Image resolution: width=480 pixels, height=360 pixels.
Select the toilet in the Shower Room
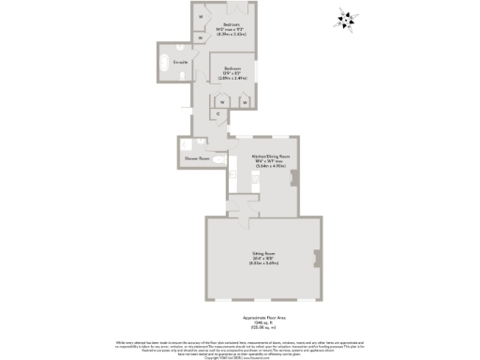[x=217, y=160]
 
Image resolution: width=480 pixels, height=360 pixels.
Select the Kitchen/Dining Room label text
[x=270, y=156]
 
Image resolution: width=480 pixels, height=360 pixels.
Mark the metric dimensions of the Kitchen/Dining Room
[x=270, y=167]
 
